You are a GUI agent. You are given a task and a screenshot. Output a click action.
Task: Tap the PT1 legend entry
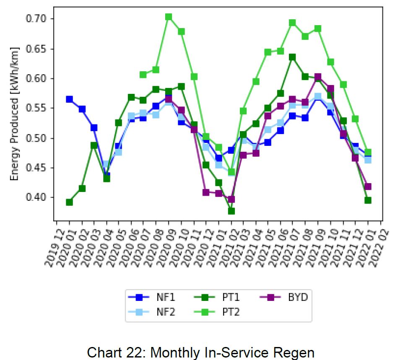(x=218, y=298)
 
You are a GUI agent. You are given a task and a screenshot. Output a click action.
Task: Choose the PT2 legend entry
(x=218, y=312)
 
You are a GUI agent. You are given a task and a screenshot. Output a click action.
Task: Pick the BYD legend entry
(x=285, y=298)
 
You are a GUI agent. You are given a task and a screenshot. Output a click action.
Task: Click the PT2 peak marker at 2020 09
(x=169, y=17)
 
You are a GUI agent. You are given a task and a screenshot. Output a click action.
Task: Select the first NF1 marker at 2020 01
(x=69, y=99)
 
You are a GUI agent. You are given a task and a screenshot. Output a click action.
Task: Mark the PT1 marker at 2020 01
(x=69, y=202)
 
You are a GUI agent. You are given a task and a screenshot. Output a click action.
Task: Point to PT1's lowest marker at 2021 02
(x=231, y=211)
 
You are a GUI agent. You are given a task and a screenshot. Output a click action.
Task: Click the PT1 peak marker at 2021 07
(x=293, y=57)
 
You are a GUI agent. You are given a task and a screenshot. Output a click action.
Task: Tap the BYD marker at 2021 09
(x=318, y=77)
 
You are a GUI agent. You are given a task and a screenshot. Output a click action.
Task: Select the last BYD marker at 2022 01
(x=368, y=186)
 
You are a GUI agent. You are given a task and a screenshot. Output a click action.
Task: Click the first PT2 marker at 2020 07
(x=143, y=75)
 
